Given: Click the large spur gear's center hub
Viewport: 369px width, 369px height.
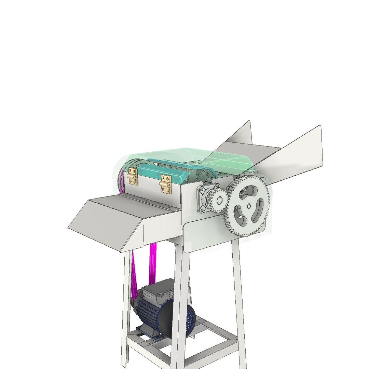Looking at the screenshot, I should (x=249, y=206).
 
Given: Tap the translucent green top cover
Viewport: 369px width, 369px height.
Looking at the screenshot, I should (x=191, y=155).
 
